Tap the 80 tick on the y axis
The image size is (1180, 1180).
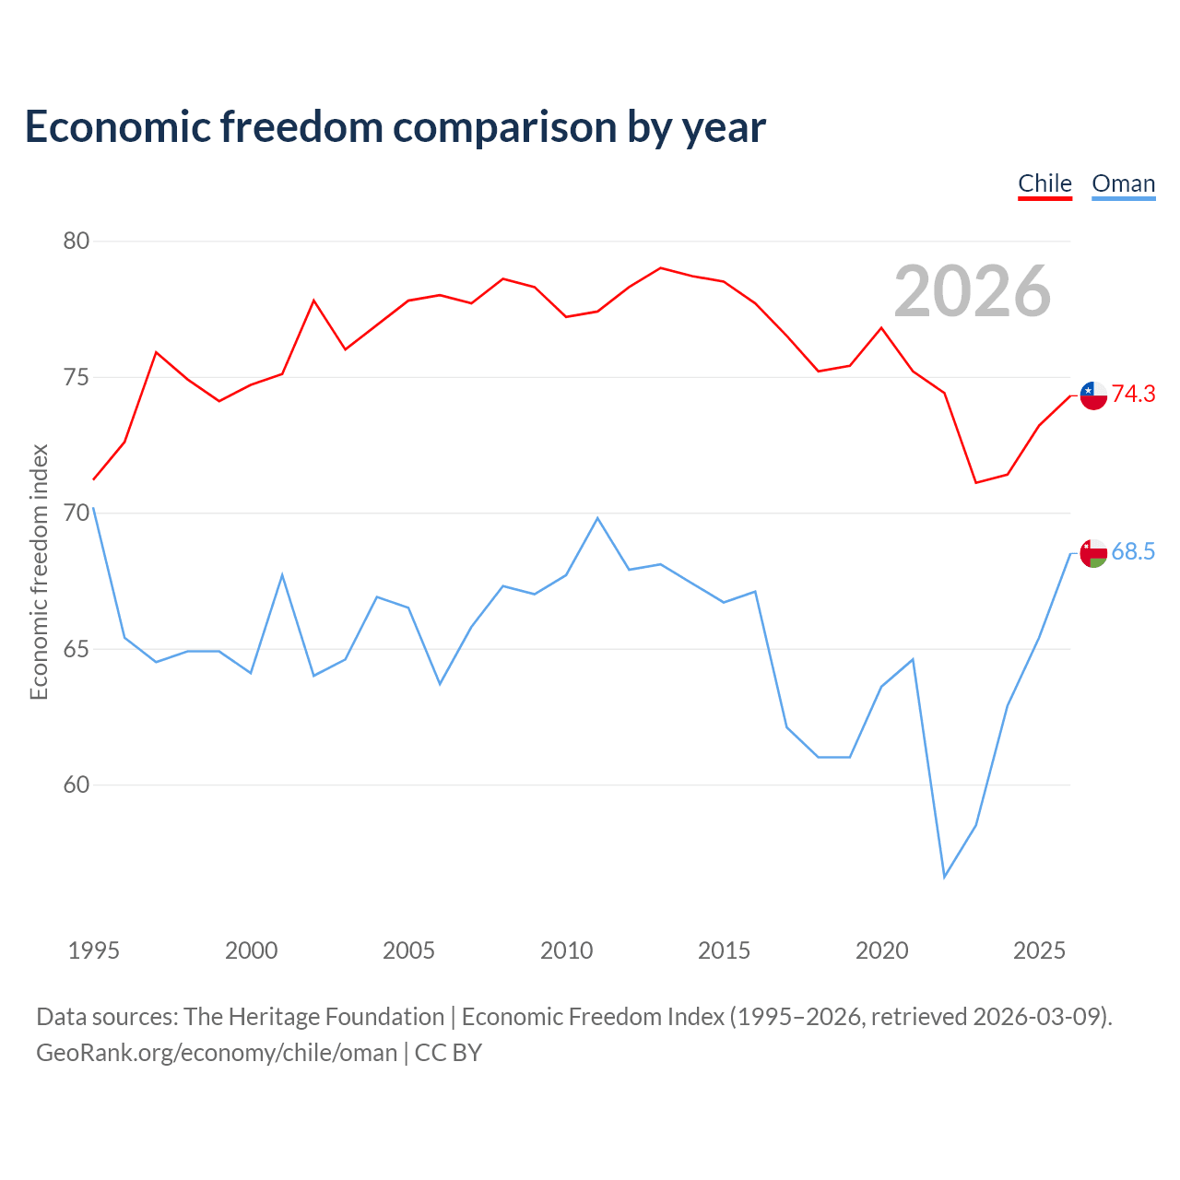pos(76,241)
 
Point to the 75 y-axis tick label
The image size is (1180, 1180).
pos(76,377)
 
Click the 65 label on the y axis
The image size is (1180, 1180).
pos(76,649)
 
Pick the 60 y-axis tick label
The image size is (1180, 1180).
pos(76,785)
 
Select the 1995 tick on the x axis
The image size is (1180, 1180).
pos(94,950)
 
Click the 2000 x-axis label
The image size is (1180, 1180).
pos(251,950)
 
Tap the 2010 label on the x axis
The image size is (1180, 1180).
pos(566,950)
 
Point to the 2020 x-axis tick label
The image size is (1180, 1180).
pos(882,950)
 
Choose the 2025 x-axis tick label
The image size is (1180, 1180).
pos(1039,950)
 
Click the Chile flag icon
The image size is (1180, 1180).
pos(1093,395)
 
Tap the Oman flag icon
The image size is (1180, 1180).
pos(1093,553)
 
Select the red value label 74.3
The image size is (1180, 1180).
pos(1134,394)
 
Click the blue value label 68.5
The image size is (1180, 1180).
pos(1134,551)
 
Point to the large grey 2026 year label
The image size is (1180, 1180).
pos(973,291)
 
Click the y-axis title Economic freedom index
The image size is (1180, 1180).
pos(39,572)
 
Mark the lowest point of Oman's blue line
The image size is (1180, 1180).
pos(944,877)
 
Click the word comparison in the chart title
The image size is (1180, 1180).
pos(504,127)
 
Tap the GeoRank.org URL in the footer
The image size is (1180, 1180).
pos(217,1053)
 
